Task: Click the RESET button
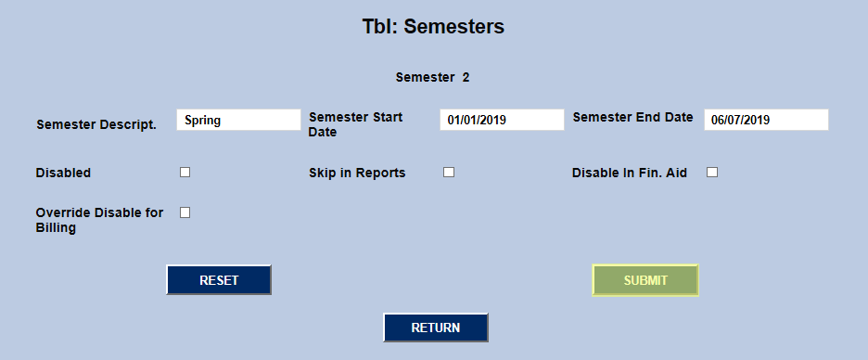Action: coord(219,280)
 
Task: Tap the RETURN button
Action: coord(436,328)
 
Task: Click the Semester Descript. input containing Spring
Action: coord(238,120)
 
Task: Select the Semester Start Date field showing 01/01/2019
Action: coord(502,120)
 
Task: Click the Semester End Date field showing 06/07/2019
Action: coord(766,120)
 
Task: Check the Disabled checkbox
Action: coord(185,172)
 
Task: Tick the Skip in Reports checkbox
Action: coord(449,172)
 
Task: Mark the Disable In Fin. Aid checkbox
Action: coord(712,172)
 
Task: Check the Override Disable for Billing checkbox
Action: coord(185,212)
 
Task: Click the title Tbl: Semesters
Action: coord(433,27)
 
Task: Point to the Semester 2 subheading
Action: coord(432,77)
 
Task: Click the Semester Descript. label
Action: coord(96,124)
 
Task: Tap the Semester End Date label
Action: coord(632,117)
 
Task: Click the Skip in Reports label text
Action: coord(357,173)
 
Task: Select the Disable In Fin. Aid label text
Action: coord(629,173)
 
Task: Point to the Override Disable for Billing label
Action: coord(99,220)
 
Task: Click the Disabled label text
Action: coord(63,173)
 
